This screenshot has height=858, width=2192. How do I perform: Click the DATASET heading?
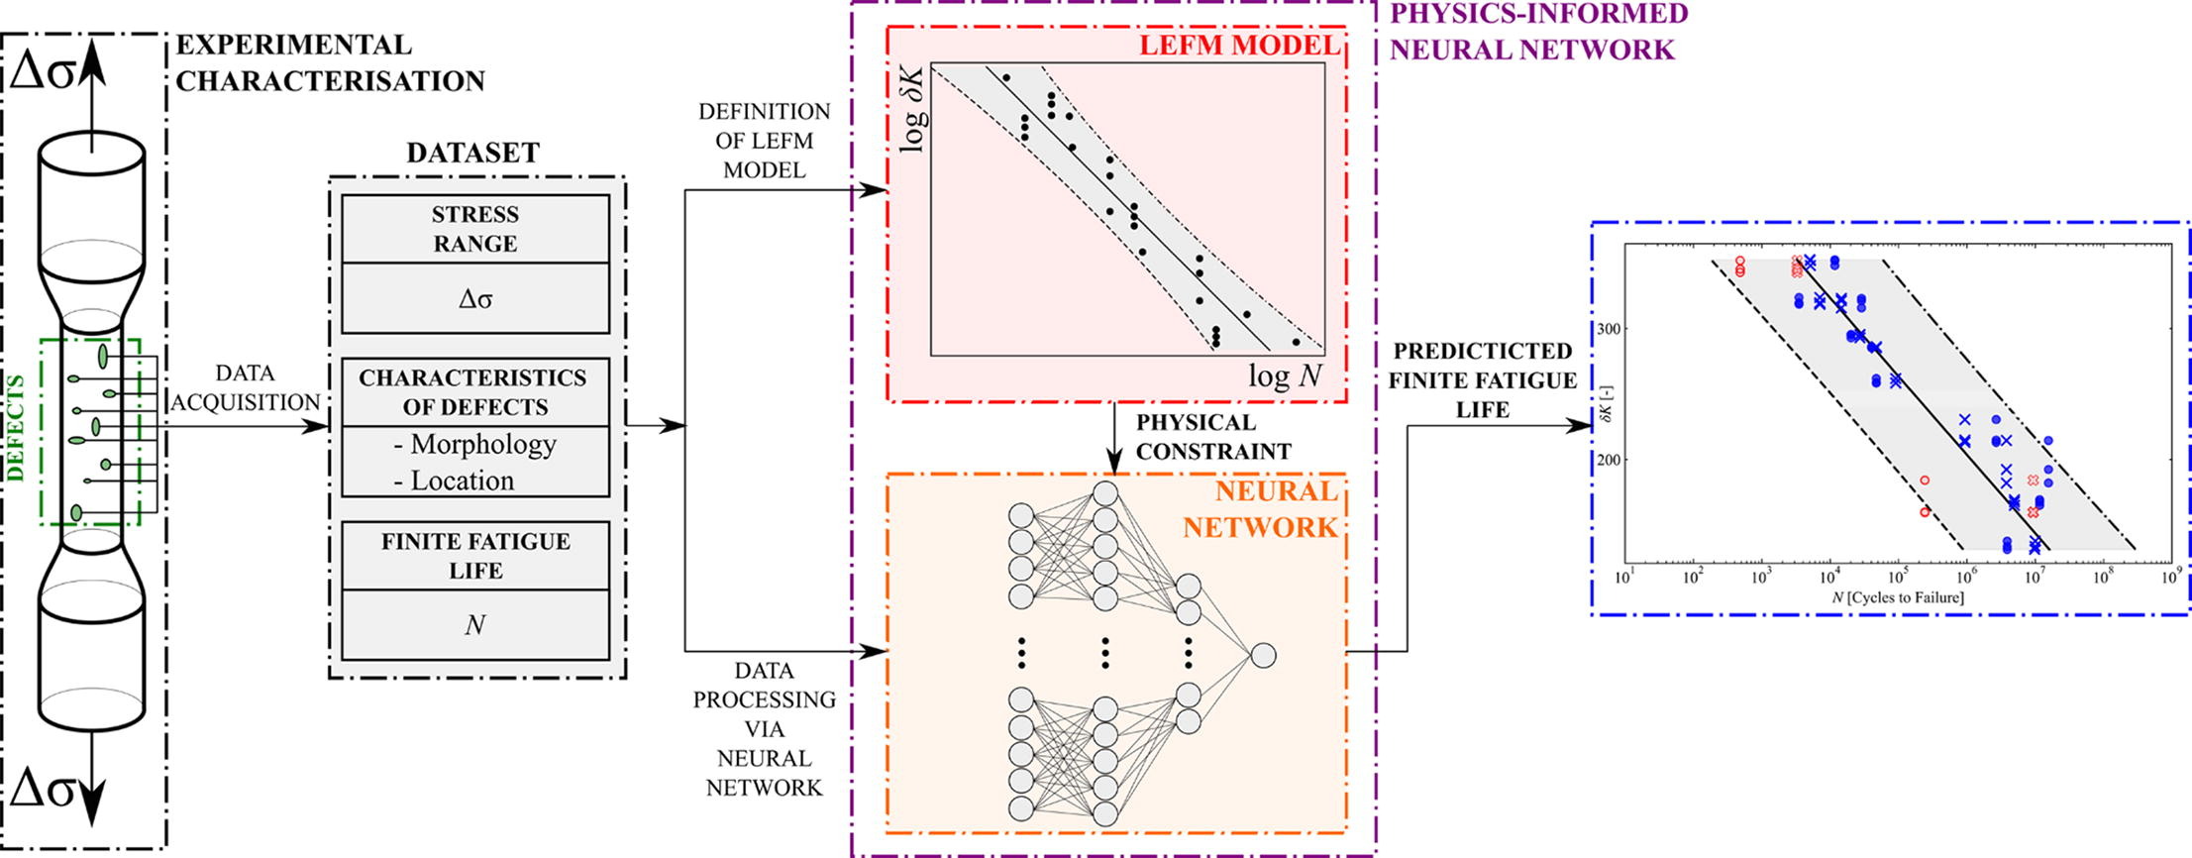(x=472, y=153)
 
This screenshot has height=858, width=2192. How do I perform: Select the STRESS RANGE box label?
(x=474, y=229)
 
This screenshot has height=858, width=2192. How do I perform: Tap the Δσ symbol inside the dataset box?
(x=474, y=298)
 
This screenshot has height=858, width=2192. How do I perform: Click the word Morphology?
(x=482, y=444)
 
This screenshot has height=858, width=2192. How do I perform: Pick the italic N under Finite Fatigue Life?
(x=474, y=625)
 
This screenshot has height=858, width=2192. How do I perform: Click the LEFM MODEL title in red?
(x=1238, y=46)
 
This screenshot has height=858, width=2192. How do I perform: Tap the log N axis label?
(x=1284, y=375)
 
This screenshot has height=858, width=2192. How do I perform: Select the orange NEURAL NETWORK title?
(x=1260, y=509)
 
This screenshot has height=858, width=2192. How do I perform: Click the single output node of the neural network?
(x=1263, y=655)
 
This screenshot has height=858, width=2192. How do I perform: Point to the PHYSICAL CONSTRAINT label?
(x=1213, y=437)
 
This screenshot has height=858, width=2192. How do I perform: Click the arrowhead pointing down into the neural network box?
(x=1114, y=463)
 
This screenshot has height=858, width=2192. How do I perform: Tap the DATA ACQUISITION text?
(x=245, y=387)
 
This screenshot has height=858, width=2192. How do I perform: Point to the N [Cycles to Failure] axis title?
(x=1897, y=597)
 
